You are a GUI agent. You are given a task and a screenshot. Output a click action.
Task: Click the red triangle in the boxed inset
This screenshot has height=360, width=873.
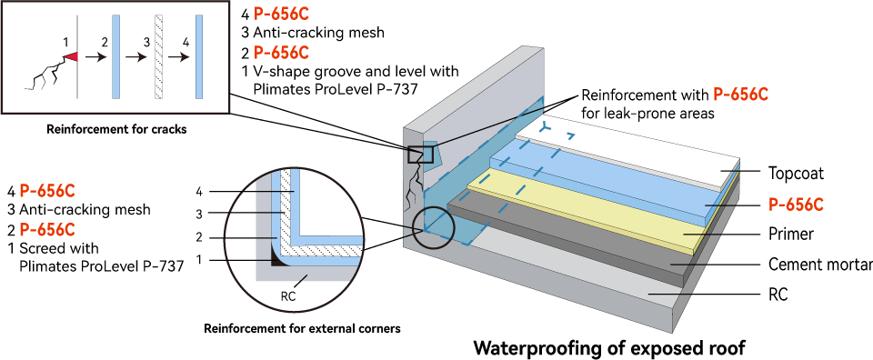pyautogui.click(x=71, y=57)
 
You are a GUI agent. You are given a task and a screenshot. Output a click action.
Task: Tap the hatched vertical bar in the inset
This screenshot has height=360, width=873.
pyautogui.click(x=158, y=56)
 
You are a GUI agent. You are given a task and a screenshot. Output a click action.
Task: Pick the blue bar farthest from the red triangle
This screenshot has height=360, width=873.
pyautogui.click(x=198, y=56)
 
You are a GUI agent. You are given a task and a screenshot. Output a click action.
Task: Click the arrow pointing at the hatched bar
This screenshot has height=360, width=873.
pyautogui.click(x=136, y=57)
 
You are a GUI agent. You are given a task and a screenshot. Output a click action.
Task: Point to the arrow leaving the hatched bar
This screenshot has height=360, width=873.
pyautogui.click(x=178, y=57)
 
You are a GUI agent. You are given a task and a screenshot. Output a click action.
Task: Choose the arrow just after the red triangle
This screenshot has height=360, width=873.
pyautogui.click(x=95, y=57)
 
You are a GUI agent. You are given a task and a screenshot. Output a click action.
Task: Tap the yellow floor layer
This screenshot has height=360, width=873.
pyautogui.click(x=591, y=214)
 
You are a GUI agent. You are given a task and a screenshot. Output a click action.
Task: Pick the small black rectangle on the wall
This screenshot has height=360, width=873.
pyautogui.click(x=420, y=155)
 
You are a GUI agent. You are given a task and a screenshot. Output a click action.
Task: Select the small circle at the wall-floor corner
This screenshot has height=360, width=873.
pyautogui.click(x=433, y=226)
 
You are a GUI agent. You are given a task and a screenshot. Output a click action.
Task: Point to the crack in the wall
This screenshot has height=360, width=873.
pyautogui.click(x=411, y=195)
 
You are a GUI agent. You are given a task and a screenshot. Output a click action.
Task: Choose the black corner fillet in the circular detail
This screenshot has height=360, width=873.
pyautogui.click(x=277, y=260)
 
